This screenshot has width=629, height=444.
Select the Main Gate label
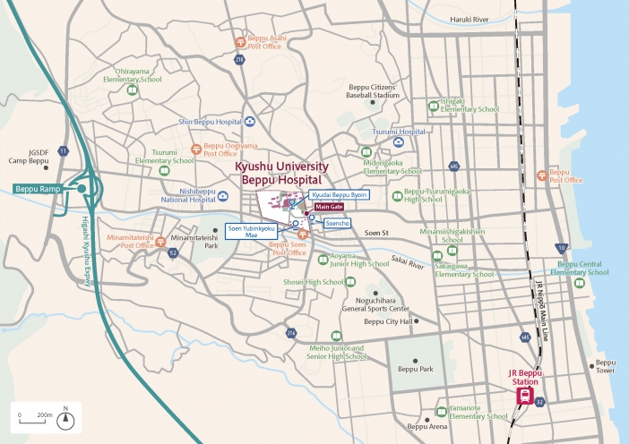[x=329, y=207]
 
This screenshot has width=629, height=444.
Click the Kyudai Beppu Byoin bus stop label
[x=340, y=194]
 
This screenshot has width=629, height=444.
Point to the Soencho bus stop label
[x=332, y=222]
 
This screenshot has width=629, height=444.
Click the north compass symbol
[x=65, y=417]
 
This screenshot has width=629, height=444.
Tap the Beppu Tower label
[x=605, y=367]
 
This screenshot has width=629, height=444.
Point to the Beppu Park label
[x=415, y=369]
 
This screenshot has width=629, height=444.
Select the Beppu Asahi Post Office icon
[x=239, y=41]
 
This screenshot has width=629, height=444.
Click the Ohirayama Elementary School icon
[x=133, y=90]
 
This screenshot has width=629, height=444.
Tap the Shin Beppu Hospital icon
[x=248, y=122]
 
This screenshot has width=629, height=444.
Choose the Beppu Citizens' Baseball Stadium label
[x=374, y=90]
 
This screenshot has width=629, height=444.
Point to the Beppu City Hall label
[x=388, y=321]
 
